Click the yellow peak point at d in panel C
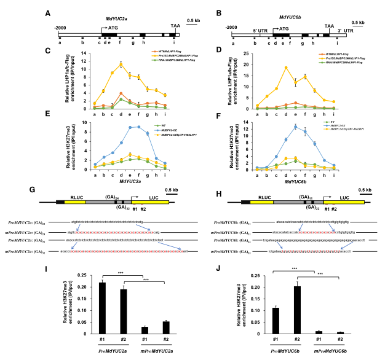tap(121, 64)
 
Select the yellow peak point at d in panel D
tap(286, 68)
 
